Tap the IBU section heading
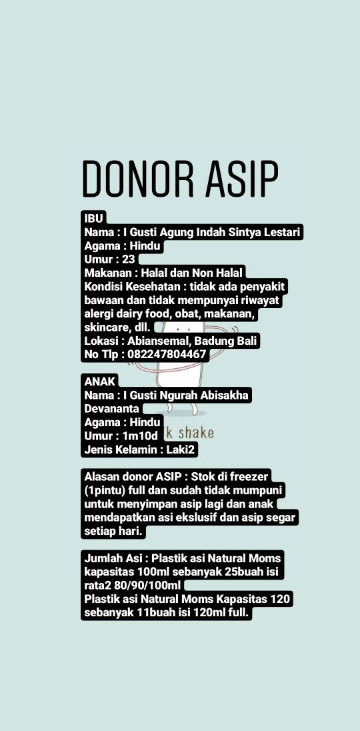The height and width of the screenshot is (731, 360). pyautogui.click(x=94, y=218)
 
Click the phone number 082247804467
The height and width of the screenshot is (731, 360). pyautogui.click(x=166, y=355)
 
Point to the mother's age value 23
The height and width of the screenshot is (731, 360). pyautogui.click(x=129, y=259)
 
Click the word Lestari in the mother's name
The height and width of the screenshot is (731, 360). pyautogui.click(x=281, y=232)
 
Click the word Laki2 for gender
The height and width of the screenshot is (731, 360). pyautogui.click(x=181, y=450)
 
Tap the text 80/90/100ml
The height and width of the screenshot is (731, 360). pyautogui.click(x=147, y=586)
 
